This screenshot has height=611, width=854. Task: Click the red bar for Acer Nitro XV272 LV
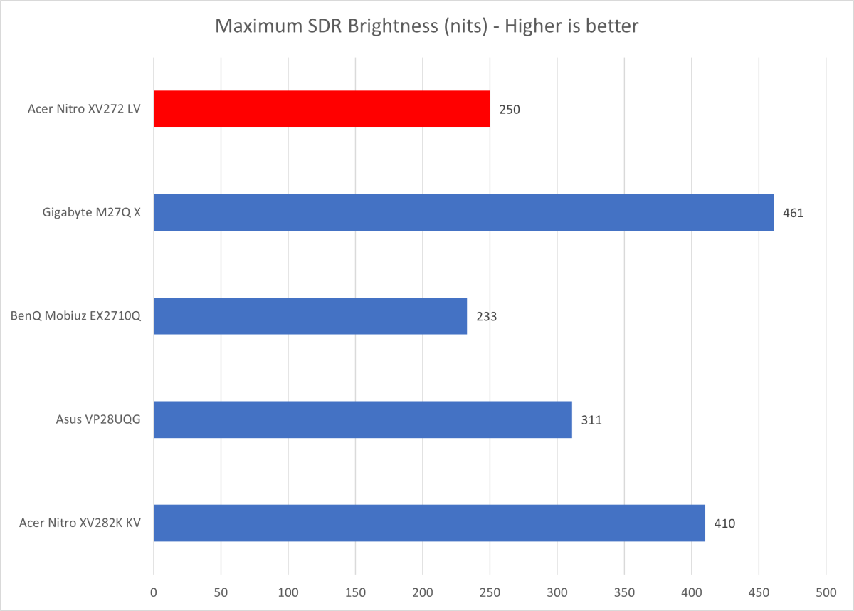pos(322,109)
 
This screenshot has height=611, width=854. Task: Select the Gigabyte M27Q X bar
pos(463,212)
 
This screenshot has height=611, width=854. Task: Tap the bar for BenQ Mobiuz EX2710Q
pos(310,316)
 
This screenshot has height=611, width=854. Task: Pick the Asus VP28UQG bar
pos(363,419)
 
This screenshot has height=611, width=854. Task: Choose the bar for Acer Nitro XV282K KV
pos(429,523)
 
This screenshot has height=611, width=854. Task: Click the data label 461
pos(793,213)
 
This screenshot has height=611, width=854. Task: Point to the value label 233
pos(486,316)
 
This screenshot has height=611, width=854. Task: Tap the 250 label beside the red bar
pos(509,110)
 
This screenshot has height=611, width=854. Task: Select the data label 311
pos(591,419)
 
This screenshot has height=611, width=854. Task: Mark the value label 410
pos(724,523)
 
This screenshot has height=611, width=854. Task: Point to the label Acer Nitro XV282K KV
pos(80,523)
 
